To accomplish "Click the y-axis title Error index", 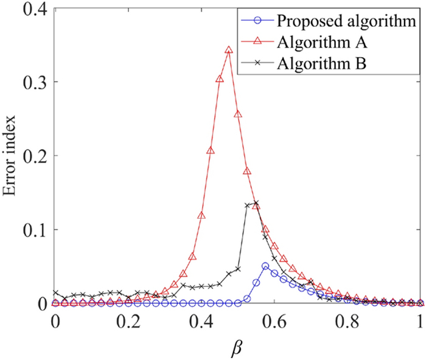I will click(x=13, y=156).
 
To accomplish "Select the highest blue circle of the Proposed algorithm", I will click(x=265, y=266).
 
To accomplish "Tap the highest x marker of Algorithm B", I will click(x=256, y=203).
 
